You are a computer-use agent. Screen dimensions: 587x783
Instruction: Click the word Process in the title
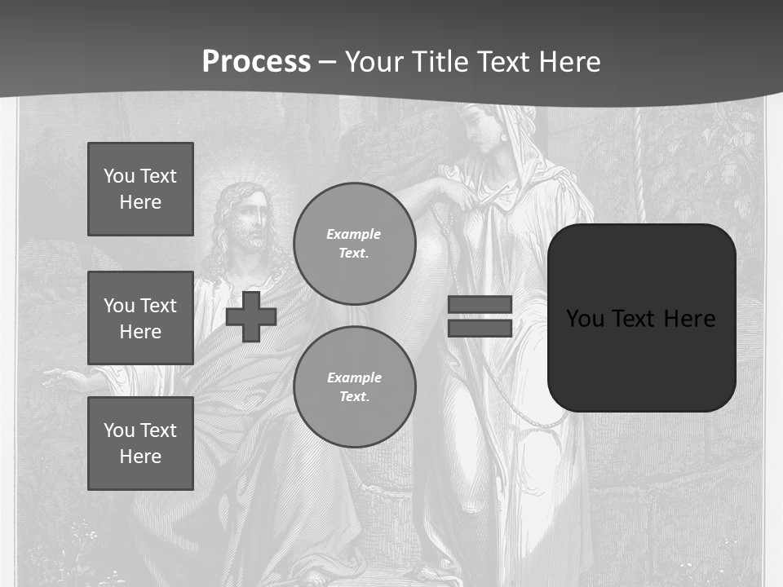tap(256, 62)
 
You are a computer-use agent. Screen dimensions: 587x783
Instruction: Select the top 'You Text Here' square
tap(140, 189)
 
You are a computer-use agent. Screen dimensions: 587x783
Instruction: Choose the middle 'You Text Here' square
tap(140, 318)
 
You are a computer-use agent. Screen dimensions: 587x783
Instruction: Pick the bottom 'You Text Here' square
tap(140, 444)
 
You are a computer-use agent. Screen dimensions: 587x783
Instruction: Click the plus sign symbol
tap(251, 316)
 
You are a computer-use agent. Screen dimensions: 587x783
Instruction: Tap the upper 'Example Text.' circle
tap(355, 244)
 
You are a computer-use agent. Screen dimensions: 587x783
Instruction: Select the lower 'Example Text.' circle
tap(355, 387)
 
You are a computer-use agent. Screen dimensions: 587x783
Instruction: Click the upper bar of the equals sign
tap(480, 305)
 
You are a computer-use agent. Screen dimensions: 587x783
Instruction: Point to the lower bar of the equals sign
tap(480, 328)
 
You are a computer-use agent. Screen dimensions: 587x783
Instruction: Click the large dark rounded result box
tap(642, 359)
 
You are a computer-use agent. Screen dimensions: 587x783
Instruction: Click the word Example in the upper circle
tap(353, 234)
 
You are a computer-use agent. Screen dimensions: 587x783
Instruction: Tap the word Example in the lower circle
tap(354, 377)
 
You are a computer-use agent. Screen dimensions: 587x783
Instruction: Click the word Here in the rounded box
tap(689, 319)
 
